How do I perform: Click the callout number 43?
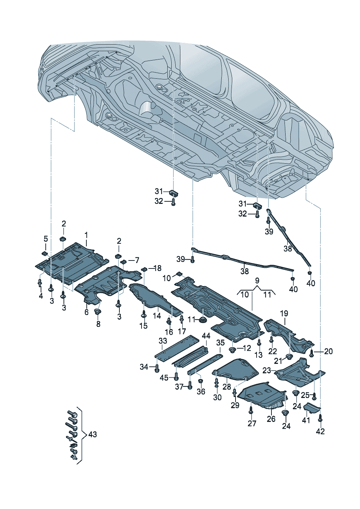tap(93, 434)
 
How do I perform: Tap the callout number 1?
tap(86, 234)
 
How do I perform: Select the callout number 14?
tap(156, 316)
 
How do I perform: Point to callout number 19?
tap(284, 313)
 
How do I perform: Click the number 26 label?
tap(271, 419)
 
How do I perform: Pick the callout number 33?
tap(163, 341)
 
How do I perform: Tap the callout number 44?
tap(206, 335)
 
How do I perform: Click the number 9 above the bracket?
tap(257, 280)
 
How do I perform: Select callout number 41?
tap(306, 420)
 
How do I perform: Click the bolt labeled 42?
tap(320, 419)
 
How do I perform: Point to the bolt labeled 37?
tap(189, 387)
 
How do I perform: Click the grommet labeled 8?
tap(98, 312)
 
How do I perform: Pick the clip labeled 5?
tap(45, 253)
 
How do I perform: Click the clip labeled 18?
tap(144, 269)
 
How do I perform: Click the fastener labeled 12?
tap(233, 350)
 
